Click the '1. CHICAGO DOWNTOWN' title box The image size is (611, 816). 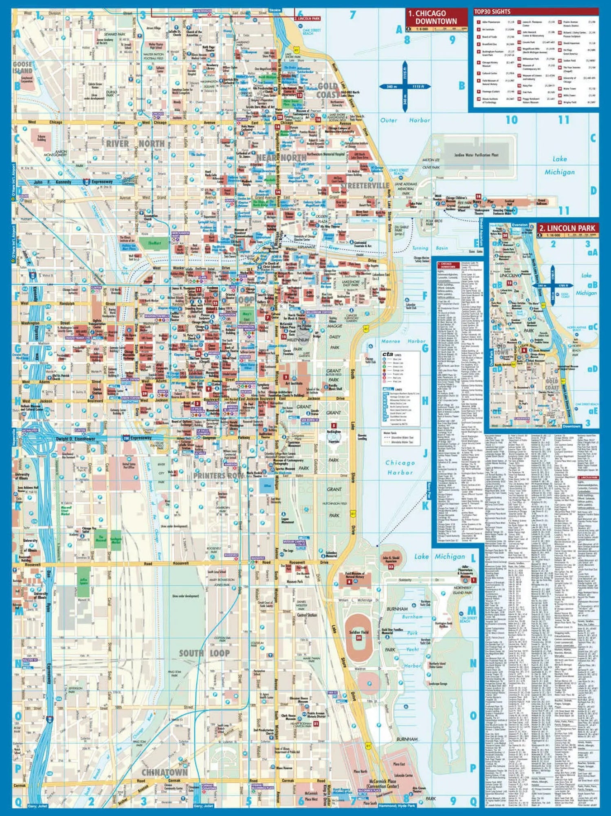coord(436,18)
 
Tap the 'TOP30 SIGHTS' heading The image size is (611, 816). coord(492,11)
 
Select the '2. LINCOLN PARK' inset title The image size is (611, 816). coord(567,228)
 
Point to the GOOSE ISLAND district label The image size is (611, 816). coord(22,68)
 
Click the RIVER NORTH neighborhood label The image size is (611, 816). coord(136,144)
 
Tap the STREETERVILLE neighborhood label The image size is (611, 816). coord(365,186)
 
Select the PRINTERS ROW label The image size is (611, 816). coord(219,475)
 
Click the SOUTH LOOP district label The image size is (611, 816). coord(204,653)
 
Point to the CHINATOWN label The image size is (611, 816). coord(165,772)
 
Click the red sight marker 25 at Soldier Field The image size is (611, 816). coord(359,638)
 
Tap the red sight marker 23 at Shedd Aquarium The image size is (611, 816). coord(391,567)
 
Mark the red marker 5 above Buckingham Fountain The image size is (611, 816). coord(334,425)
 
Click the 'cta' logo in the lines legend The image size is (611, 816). coord(388,354)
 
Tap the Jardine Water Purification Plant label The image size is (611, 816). coord(476,155)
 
